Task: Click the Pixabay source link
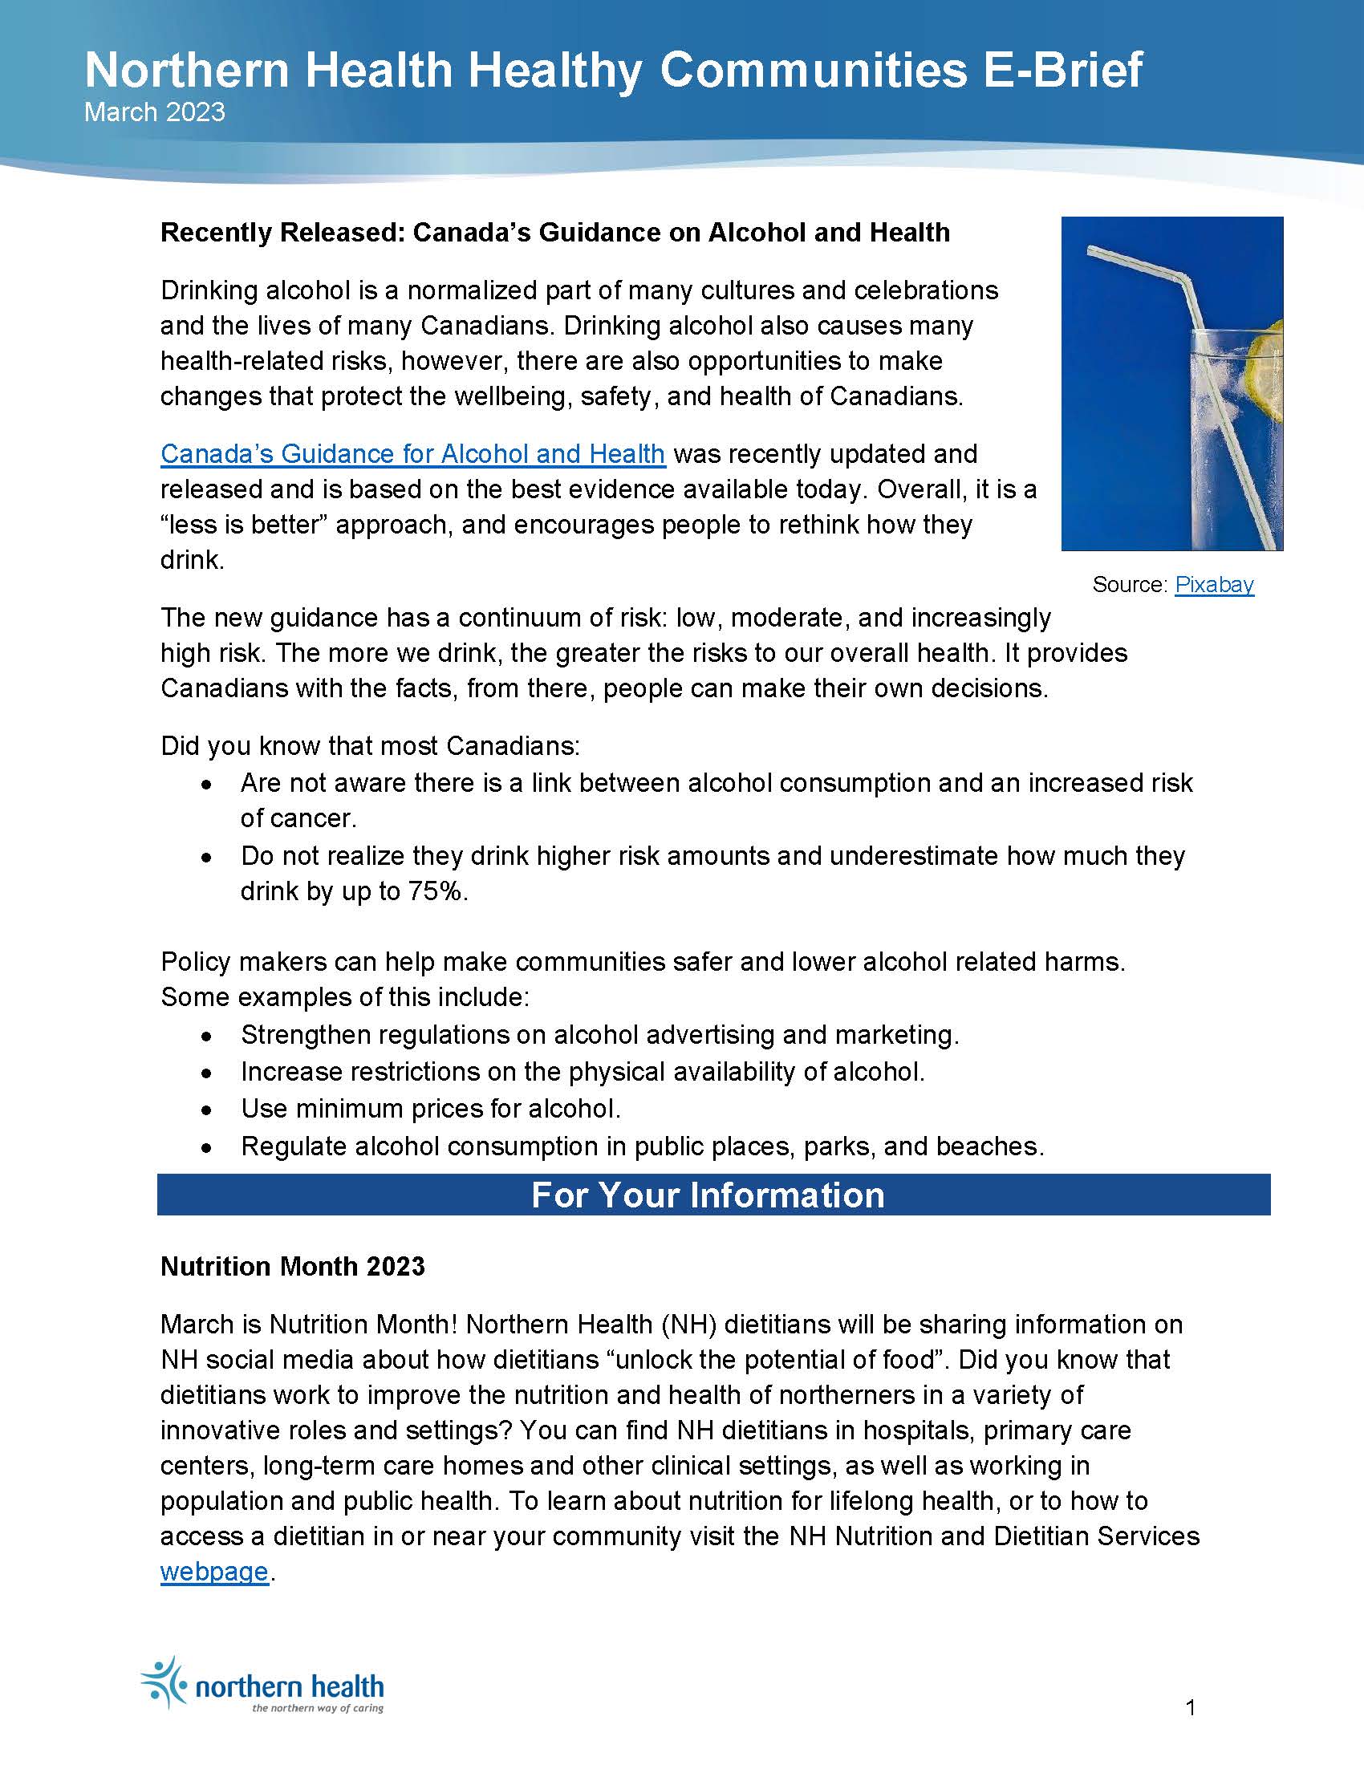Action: click(x=1214, y=584)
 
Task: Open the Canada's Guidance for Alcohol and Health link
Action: click(x=412, y=454)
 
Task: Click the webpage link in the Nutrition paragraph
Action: click(x=214, y=1571)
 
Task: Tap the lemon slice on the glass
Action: click(x=1269, y=355)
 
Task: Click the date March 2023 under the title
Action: click(x=154, y=112)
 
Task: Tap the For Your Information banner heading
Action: click(x=708, y=1195)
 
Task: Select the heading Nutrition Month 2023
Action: click(x=293, y=1265)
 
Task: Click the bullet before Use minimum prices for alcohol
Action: click(x=208, y=1110)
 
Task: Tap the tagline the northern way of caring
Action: click(x=318, y=1707)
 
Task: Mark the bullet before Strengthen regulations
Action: click(x=208, y=1035)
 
